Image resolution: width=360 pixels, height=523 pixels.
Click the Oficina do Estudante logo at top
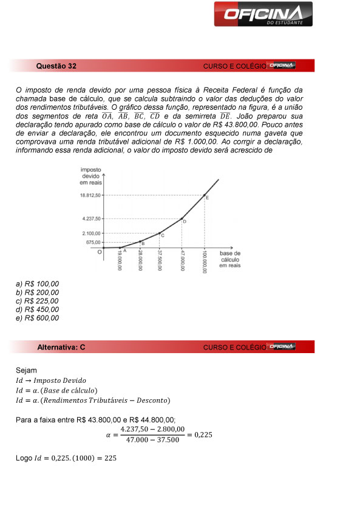(263, 15)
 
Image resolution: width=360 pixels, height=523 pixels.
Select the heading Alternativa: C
(61, 347)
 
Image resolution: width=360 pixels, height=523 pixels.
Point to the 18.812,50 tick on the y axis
(90, 195)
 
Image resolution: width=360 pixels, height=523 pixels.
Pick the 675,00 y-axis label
(94, 242)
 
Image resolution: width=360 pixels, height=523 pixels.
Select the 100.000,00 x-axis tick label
(205, 262)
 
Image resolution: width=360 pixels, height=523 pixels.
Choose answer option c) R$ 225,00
(38, 301)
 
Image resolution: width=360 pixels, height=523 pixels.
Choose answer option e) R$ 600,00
(38, 318)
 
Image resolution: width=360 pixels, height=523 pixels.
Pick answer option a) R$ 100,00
(38, 284)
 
